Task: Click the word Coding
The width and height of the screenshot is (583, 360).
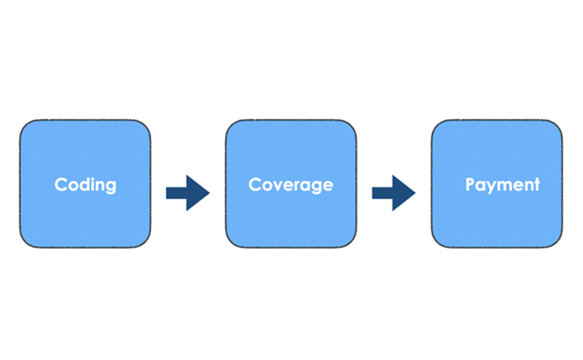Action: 85,184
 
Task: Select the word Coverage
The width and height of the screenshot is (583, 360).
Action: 291,184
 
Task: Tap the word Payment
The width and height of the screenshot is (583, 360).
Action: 503,184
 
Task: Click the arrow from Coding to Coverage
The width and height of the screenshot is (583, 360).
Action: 187,193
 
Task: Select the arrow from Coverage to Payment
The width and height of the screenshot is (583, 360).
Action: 394,193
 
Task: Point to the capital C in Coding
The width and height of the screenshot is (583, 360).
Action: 61,184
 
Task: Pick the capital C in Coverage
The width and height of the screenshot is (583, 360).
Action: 255,184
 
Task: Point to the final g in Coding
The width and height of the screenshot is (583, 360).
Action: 110,187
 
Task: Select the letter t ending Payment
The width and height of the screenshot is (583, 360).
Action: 537,184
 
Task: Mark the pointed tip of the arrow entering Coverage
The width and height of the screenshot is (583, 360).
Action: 208,193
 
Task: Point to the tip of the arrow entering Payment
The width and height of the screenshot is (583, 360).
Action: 415,193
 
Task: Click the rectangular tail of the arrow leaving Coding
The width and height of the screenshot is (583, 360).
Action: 175,193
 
